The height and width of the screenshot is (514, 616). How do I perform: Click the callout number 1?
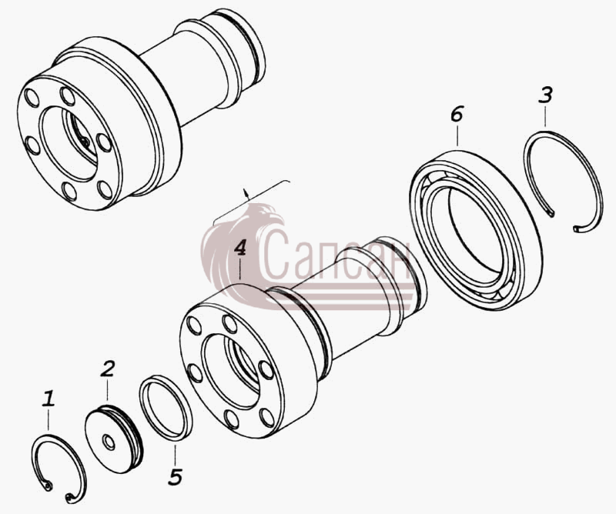(49, 399)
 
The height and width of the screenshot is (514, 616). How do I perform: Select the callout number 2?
(107, 369)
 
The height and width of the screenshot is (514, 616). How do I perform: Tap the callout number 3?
(546, 95)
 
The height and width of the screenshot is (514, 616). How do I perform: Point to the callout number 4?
(240, 248)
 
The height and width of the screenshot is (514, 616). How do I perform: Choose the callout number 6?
(457, 113)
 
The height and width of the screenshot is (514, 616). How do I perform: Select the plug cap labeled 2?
(114, 440)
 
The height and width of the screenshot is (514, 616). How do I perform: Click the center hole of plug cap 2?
(109, 442)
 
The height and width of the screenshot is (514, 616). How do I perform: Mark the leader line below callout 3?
(546, 116)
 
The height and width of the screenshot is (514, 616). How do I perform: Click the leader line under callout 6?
(457, 135)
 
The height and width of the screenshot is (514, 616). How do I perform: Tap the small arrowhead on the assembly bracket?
(246, 192)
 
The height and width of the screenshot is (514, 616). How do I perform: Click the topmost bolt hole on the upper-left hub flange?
(67, 96)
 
